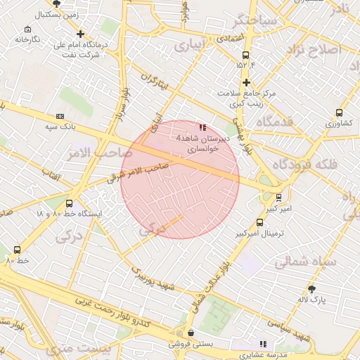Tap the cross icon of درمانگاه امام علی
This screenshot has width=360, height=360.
(81, 34)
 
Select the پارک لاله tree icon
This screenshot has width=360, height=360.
(312, 288)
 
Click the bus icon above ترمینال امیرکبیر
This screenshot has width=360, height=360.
(260, 222)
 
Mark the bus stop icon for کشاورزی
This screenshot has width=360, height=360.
(340, 112)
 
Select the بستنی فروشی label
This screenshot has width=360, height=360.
(188, 345)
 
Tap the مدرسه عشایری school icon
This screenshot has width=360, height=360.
(263, 344)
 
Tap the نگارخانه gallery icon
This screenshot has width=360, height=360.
(27, 30)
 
